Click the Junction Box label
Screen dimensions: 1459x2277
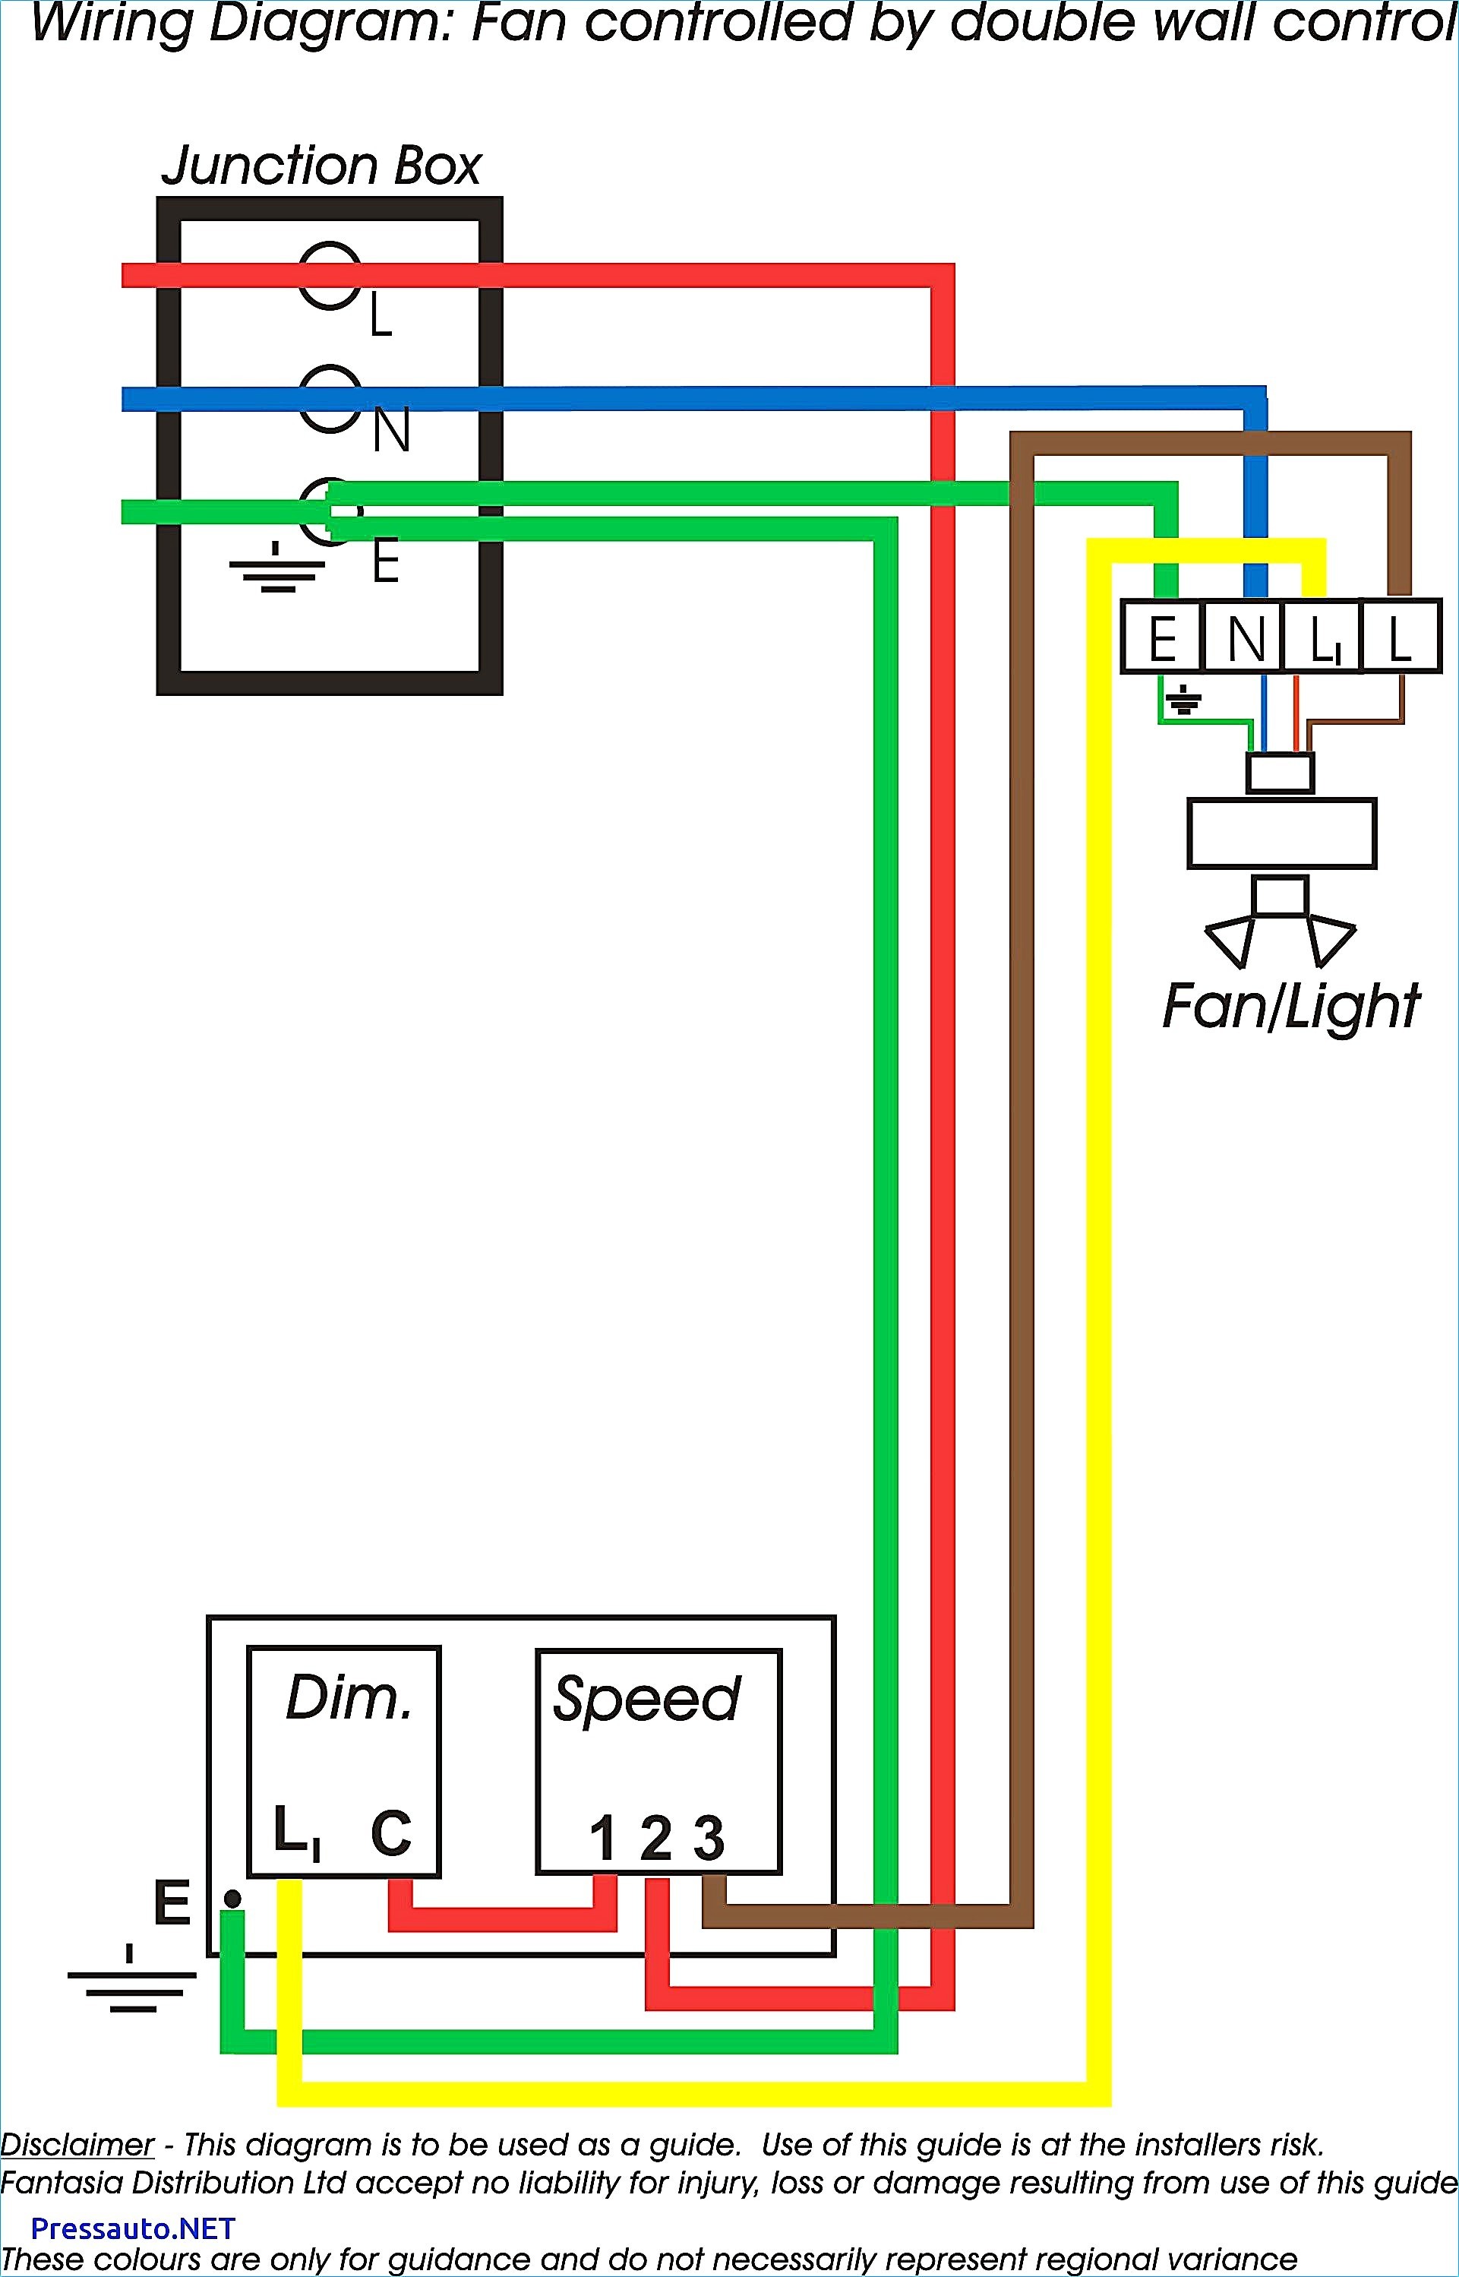[321, 166]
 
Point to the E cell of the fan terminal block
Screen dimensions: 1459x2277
[1161, 637]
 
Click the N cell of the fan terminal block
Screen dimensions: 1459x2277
[1243, 637]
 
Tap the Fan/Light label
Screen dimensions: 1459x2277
[1291, 1007]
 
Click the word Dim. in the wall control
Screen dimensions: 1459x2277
[349, 1698]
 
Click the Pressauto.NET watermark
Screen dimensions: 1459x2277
[133, 2228]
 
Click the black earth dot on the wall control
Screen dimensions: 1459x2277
[231, 1899]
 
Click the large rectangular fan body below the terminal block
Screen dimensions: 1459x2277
[1281, 833]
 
